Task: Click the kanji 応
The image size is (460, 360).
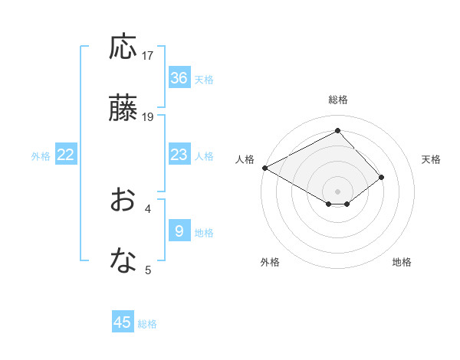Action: click(x=123, y=47)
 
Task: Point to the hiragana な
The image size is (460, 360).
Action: click(x=123, y=261)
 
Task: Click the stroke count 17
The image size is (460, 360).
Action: click(x=148, y=55)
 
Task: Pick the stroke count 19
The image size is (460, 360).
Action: click(x=148, y=117)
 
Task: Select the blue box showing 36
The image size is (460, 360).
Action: click(x=179, y=78)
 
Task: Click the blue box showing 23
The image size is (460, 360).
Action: click(x=179, y=155)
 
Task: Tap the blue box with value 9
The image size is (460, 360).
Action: click(x=179, y=231)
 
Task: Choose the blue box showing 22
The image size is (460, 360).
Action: click(x=66, y=155)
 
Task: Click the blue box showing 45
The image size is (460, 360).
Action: click(x=123, y=322)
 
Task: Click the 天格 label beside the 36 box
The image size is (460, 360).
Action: click(x=204, y=79)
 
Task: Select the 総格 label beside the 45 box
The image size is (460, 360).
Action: click(x=148, y=324)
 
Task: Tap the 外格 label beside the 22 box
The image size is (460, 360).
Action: click(x=41, y=155)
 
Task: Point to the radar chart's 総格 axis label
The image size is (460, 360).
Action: click(x=337, y=100)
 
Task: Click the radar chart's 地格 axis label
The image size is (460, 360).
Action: click(x=402, y=262)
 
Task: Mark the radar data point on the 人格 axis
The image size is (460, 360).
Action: click(x=264, y=167)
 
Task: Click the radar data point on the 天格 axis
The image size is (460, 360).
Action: click(x=381, y=177)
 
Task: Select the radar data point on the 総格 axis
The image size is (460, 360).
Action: click(x=337, y=131)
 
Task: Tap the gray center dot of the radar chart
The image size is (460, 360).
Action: click(x=337, y=191)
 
